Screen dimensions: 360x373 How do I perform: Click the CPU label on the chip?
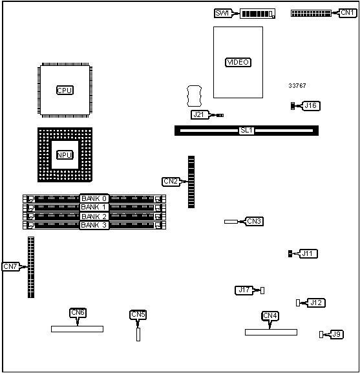click(65, 91)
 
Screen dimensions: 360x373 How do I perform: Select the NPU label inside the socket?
click(65, 155)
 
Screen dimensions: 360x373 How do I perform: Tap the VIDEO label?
click(238, 62)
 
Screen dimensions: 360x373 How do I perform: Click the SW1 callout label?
click(222, 13)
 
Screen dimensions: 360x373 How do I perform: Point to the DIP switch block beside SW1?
click(257, 14)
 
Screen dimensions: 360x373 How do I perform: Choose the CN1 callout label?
click(348, 13)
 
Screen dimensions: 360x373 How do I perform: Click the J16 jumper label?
click(311, 106)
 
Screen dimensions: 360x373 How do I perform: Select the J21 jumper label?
click(199, 115)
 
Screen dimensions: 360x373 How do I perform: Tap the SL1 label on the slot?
click(247, 131)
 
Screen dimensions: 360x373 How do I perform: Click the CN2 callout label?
click(171, 182)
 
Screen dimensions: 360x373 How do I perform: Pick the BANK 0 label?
click(94, 198)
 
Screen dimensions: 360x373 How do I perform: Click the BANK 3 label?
click(94, 225)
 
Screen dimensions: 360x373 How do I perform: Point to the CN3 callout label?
click(254, 222)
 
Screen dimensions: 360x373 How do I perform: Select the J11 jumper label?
click(308, 254)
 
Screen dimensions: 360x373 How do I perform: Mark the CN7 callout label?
click(10, 267)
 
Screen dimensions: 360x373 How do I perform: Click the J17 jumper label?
click(244, 290)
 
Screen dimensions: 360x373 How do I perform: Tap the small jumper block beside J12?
click(298, 303)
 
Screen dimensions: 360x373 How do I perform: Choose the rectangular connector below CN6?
click(78, 329)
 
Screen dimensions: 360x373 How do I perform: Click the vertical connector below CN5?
click(138, 334)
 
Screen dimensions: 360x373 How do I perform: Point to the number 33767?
click(297, 86)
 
